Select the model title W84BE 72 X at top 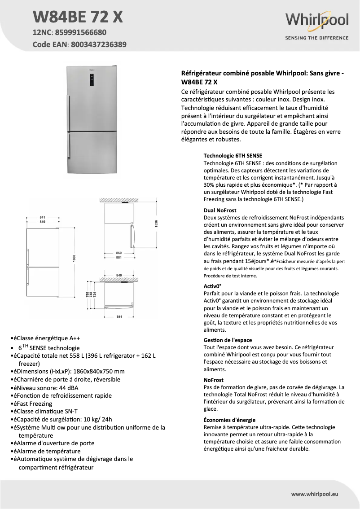pos(78,18)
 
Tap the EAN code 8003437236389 pos(97,44)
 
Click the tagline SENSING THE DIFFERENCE pos(317,38)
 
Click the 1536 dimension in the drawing pos(157,223)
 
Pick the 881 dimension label pos(119,258)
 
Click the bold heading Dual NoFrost pos(220,210)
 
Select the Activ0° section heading pos(213,285)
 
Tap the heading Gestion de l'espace pos(228,340)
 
